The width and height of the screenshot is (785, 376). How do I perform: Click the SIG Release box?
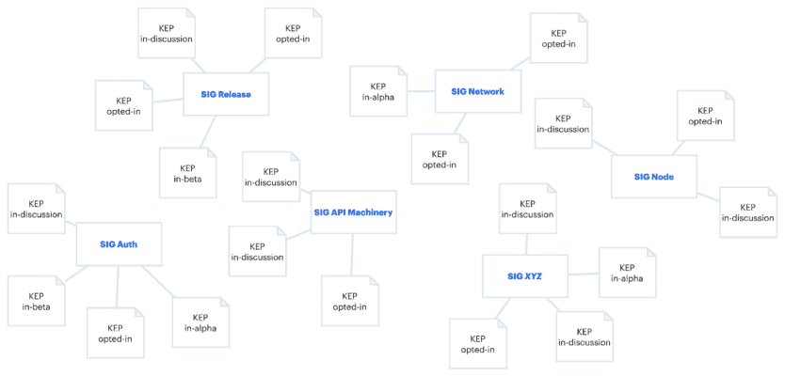(225, 94)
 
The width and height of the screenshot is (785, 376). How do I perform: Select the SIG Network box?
(478, 91)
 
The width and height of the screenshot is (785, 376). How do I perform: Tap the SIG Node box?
(653, 176)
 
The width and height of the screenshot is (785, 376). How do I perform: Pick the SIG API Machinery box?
(353, 212)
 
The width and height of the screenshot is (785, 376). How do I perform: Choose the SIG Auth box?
(119, 244)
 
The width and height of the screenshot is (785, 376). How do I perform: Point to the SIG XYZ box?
(524, 275)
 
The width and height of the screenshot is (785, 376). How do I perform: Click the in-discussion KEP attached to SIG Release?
(167, 33)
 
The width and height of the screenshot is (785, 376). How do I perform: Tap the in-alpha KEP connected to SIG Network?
(377, 90)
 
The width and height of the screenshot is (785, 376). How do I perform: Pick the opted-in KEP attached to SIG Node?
(705, 115)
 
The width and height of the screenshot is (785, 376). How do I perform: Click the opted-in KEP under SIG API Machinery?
(349, 301)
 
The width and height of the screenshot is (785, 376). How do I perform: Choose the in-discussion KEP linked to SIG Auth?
(37, 209)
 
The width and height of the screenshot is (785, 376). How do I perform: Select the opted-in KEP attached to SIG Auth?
(115, 332)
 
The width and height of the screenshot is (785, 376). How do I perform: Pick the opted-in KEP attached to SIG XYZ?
(477, 344)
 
